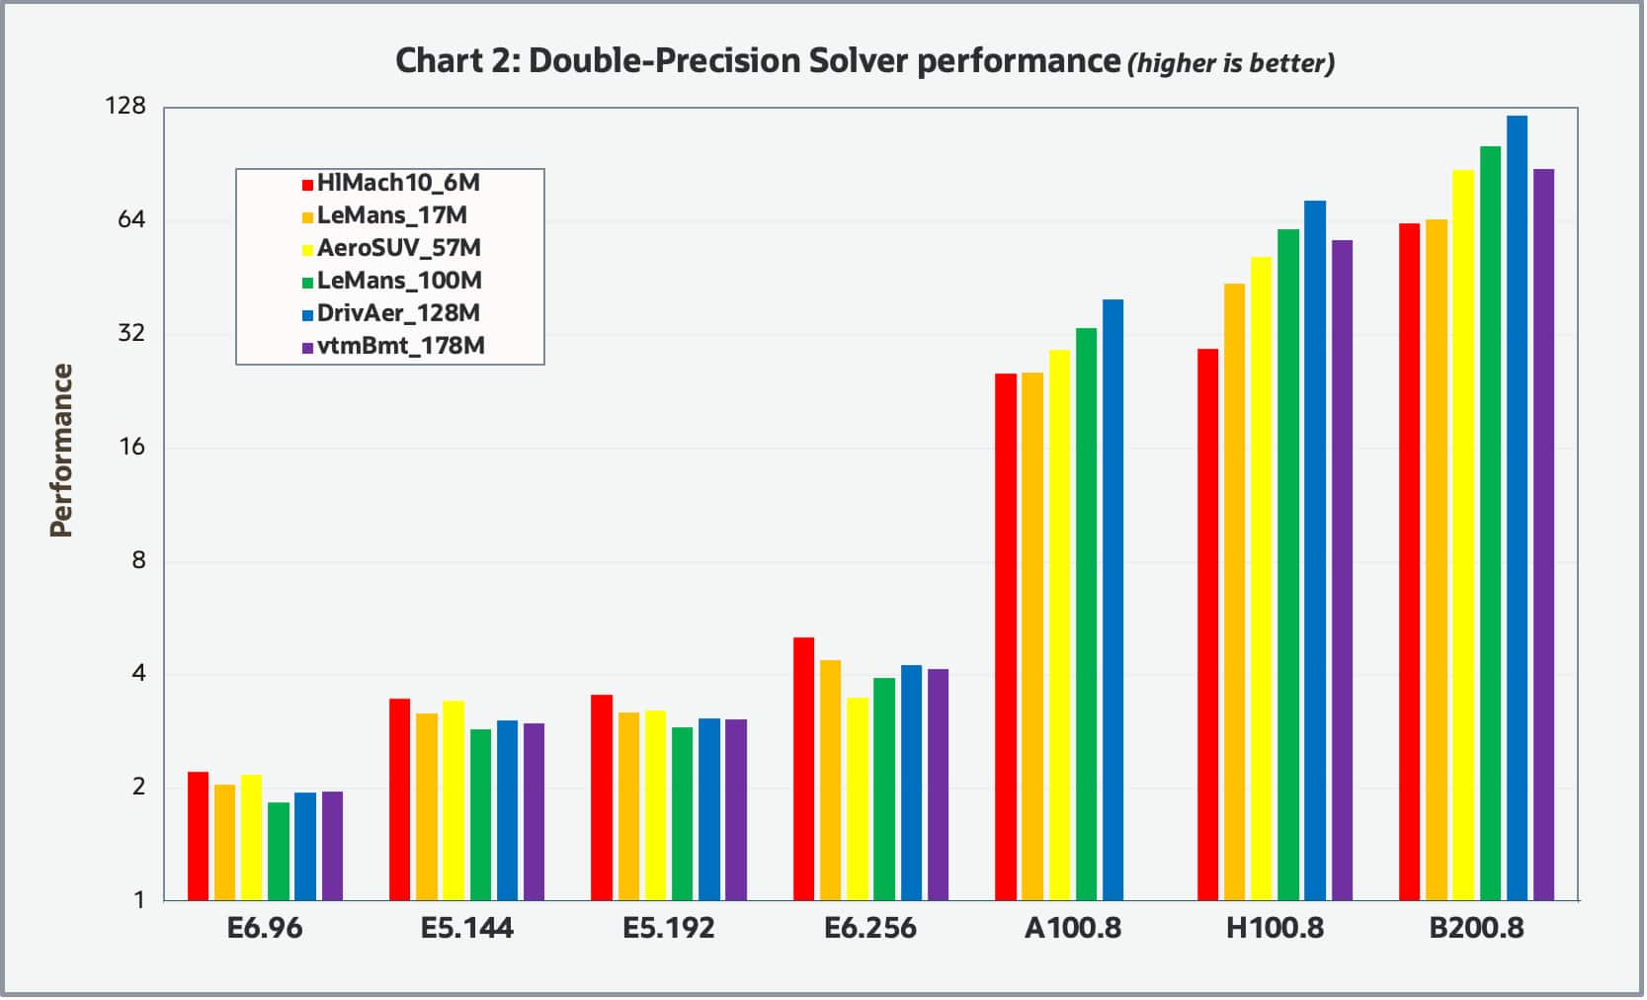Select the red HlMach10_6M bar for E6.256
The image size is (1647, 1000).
804,769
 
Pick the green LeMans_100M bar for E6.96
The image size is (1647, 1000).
280,851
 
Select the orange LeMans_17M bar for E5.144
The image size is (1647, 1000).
427,806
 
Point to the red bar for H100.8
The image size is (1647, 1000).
1208,625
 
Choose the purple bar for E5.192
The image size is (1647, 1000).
737,809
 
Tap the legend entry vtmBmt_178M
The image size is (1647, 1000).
400,346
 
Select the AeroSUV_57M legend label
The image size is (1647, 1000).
398,248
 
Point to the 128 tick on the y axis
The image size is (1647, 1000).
125,106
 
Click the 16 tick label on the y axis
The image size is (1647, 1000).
131,447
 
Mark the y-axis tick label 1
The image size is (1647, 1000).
139,900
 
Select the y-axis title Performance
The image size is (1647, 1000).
61,451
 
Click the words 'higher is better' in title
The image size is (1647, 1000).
1231,64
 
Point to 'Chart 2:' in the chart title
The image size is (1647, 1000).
457,61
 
